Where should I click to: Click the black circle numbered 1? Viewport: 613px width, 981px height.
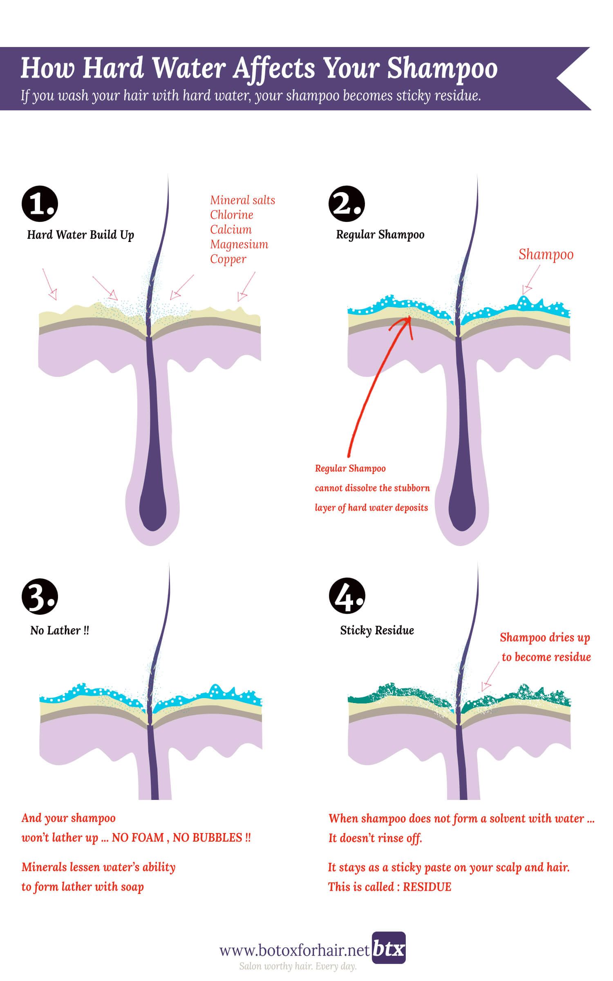40,204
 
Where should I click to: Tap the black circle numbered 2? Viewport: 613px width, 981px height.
347,204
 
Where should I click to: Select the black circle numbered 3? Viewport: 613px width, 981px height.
40,596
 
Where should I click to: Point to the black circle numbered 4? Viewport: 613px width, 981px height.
347,596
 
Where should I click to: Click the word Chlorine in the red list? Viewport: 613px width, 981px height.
231,215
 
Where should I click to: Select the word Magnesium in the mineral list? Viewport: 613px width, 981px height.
239,244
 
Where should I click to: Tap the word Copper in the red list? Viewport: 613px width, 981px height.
228,259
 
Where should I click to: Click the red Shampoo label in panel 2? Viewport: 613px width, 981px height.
546,255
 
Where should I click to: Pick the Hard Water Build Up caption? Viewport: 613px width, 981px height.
81,235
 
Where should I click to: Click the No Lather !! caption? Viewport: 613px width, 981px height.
60,630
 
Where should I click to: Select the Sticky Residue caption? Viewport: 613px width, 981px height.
377,630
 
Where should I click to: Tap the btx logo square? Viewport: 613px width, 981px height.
389,947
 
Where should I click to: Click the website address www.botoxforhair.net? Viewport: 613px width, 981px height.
295,951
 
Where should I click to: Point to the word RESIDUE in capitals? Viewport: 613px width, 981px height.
427,887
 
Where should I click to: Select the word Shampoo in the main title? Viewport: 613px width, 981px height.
442,68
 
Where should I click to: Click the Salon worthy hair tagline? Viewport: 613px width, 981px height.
298,966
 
